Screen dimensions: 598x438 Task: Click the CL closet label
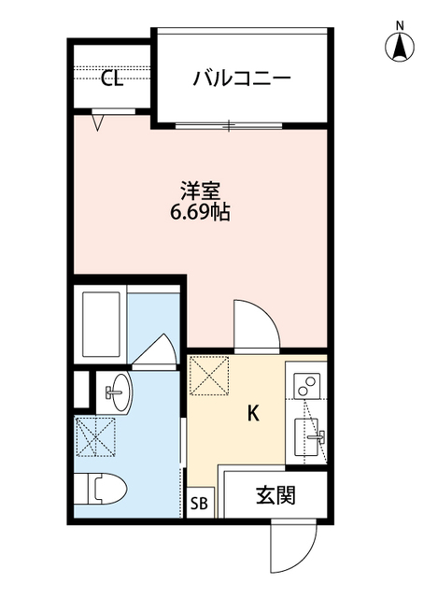pyautogui.click(x=112, y=79)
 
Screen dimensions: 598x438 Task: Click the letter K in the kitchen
pyautogui.click(x=252, y=414)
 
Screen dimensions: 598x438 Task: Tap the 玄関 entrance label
pyautogui.click(x=276, y=495)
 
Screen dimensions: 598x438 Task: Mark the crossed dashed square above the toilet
pyautogui.click(x=96, y=436)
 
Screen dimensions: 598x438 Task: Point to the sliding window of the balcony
pyautogui.click(x=229, y=124)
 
